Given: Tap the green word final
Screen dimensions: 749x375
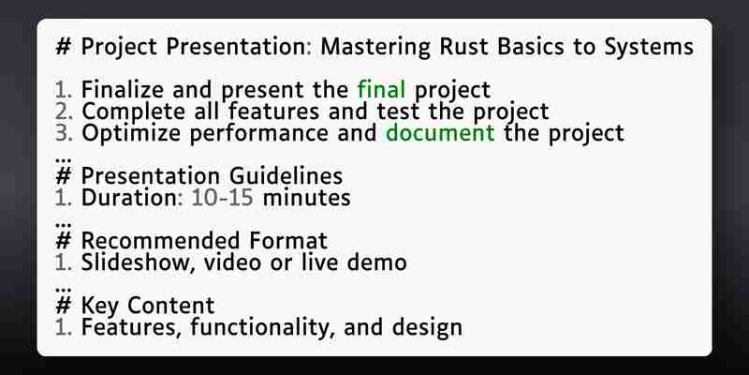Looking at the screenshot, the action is (381, 89).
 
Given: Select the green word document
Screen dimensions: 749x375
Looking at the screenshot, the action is (440, 132).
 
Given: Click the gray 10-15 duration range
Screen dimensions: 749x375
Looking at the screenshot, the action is (222, 198).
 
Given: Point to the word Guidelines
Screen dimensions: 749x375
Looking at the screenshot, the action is (286, 175).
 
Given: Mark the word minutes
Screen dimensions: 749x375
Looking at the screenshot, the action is (307, 198).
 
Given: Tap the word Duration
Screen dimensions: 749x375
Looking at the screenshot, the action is (129, 198).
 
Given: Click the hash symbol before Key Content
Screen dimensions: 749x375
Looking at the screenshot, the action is (63, 306).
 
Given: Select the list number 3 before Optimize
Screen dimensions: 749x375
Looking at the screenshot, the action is (63, 133).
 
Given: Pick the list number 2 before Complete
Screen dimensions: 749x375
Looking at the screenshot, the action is (63, 112).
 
